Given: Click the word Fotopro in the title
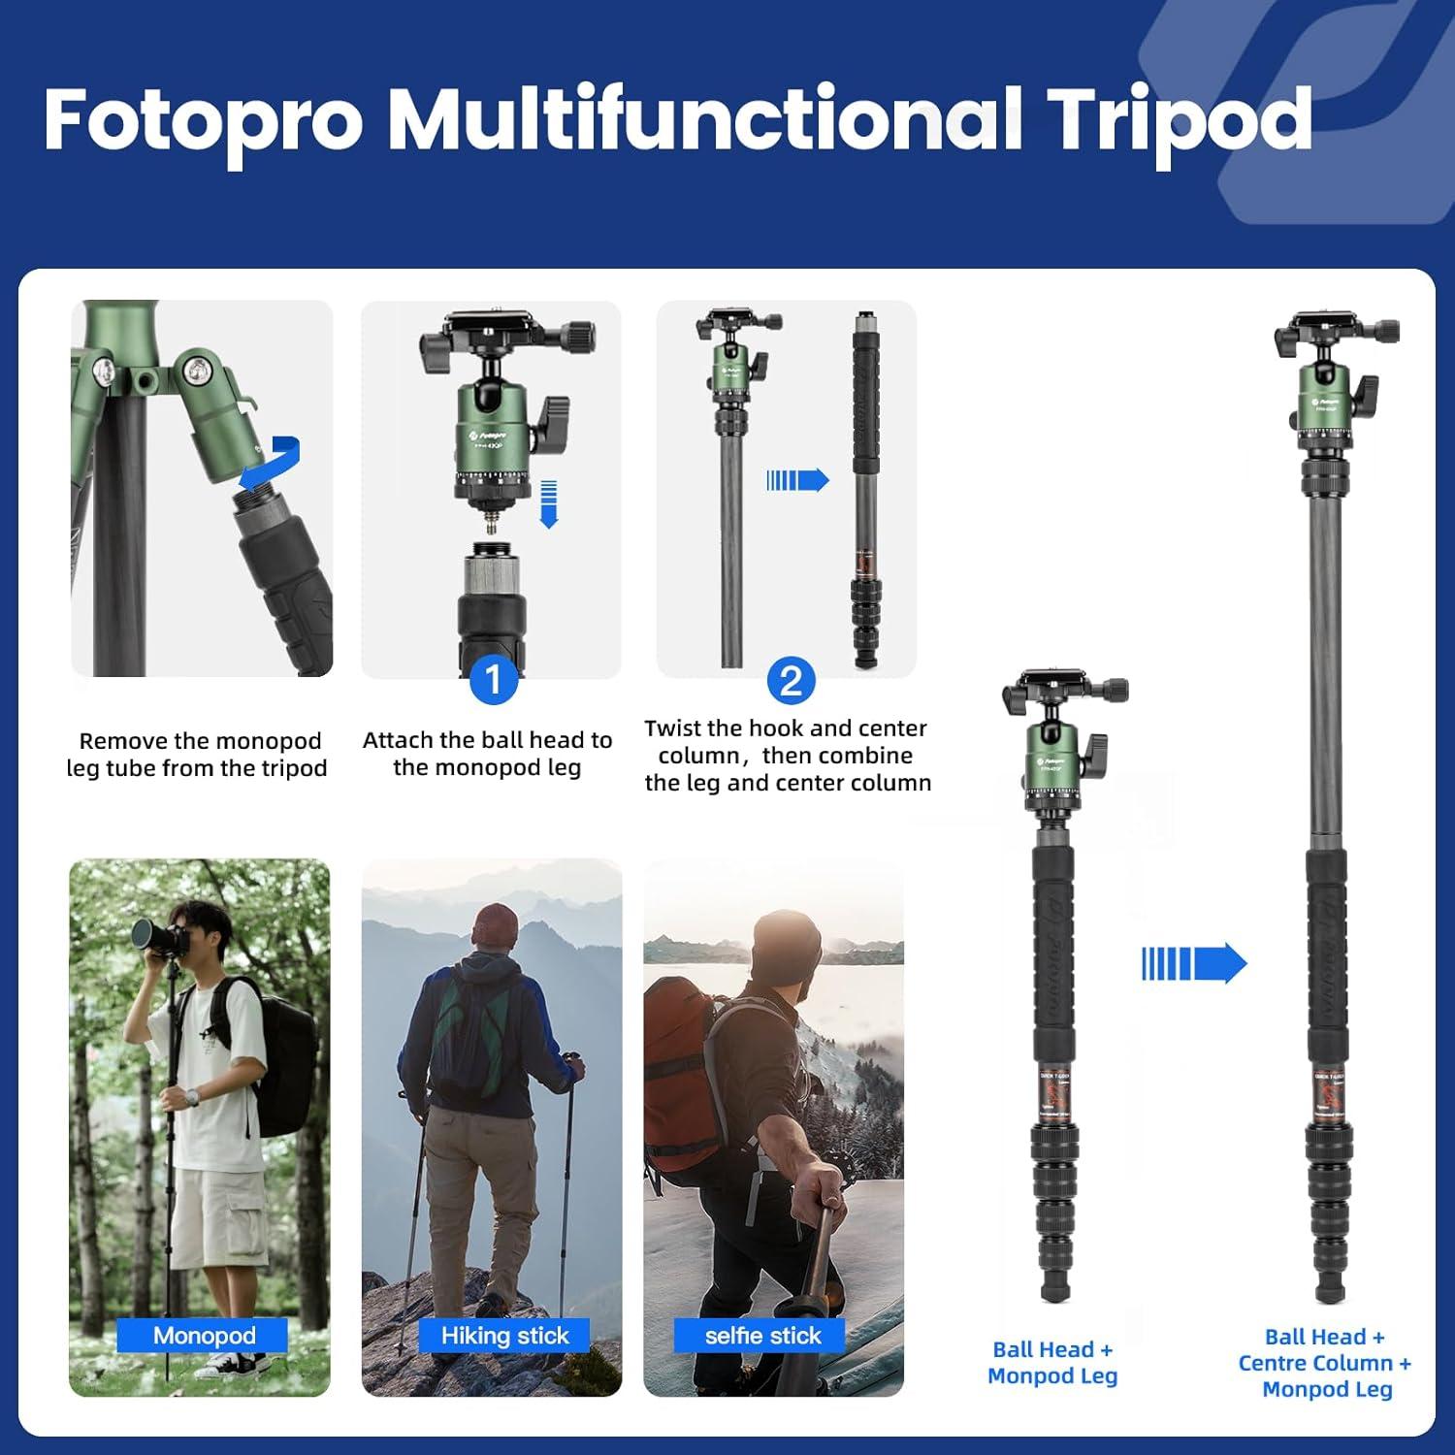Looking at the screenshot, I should point(204,121).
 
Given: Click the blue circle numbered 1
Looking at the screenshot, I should point(493,680).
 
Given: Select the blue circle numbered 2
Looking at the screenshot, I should point(791,681).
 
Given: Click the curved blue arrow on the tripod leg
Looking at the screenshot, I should point(271,464).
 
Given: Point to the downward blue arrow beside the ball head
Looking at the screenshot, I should point(549,503).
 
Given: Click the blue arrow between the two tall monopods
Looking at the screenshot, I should point(1193,963).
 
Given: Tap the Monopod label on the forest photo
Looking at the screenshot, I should point(204,1336).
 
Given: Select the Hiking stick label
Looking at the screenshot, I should point(504,1336).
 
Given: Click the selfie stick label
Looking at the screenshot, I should point(762,1336).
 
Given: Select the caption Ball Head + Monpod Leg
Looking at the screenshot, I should point(1052,1362).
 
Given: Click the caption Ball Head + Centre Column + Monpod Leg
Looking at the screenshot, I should point(1326,1362).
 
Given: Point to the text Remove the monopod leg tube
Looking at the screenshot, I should point(198,754).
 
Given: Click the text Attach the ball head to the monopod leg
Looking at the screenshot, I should point(487,754).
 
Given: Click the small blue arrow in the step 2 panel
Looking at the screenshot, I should point(797,480).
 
